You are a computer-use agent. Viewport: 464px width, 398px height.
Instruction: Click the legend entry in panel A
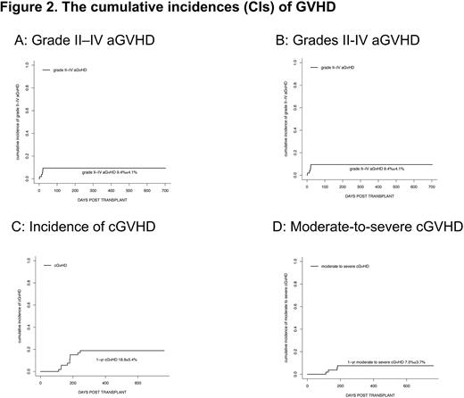pos(73,69)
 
